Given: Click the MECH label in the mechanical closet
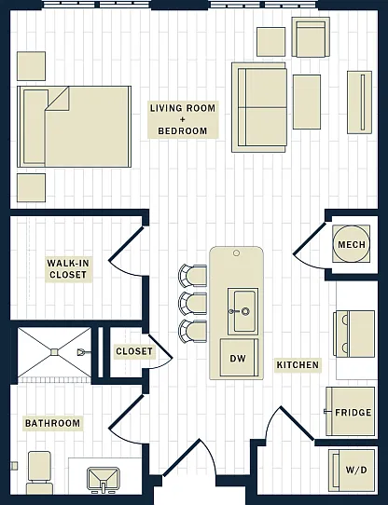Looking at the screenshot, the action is (x=352, y=244).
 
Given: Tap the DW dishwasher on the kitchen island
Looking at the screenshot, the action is (x=239, y=358).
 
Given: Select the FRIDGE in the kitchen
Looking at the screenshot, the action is (x=351, y=412).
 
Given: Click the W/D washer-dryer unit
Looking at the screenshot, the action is (x=352, y=471).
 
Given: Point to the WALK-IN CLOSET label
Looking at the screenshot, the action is (x=68, y=269).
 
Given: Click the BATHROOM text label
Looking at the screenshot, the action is (x=52, y=423).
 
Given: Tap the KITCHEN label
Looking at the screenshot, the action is (x=298, y=364).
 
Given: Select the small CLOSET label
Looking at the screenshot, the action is (x=134, y=351).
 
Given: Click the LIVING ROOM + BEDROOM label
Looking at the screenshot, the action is (x=183, y=119).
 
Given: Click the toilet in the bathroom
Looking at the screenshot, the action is (x=40, y=472).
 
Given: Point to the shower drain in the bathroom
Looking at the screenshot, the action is (x=54, y=352).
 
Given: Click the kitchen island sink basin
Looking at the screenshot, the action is (x=242, y=311).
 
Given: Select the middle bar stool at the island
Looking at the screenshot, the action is (x=193, y=304).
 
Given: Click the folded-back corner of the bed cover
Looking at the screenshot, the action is (x=58, y=99).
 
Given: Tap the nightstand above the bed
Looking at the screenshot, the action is (x=31, y=66).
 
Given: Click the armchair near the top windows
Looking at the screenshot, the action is (x=311, y=37).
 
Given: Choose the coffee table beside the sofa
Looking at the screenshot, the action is (x=307, y=102).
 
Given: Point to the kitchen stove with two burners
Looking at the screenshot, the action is (x=353, y=334).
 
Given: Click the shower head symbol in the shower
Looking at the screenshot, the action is (x=81, y=352).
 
